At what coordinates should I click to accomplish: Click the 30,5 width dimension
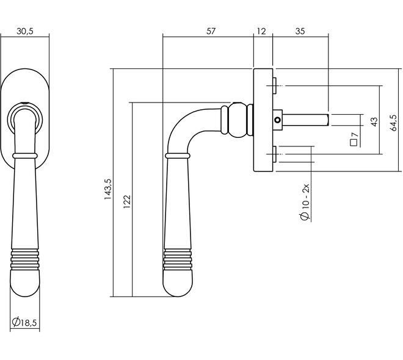(25, 31)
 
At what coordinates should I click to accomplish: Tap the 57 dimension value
(211, 31)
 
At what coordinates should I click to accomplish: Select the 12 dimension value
(261, 31)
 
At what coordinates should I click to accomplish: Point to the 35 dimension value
(300, 31)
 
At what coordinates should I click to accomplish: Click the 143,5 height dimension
(107, 189)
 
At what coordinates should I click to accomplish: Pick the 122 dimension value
(127, 202)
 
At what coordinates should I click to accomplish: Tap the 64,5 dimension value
(393, 123)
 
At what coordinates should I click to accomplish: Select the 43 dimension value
(374, 121)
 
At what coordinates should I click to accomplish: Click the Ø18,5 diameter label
(24, 322)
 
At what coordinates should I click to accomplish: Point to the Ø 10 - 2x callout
(305, 202)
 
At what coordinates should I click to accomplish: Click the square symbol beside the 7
(354, 143)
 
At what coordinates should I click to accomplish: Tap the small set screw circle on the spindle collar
(277, 120)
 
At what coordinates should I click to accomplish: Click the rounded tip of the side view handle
(178, 284)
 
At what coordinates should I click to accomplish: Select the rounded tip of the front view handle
(25, 283)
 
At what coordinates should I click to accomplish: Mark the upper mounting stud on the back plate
(275, 85)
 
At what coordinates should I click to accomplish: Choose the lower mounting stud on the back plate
(275, 154)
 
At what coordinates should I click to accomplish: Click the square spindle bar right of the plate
(305, 120)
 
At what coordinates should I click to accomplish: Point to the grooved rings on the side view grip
(178, 259)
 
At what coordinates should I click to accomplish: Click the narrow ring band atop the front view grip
(25, 156)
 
